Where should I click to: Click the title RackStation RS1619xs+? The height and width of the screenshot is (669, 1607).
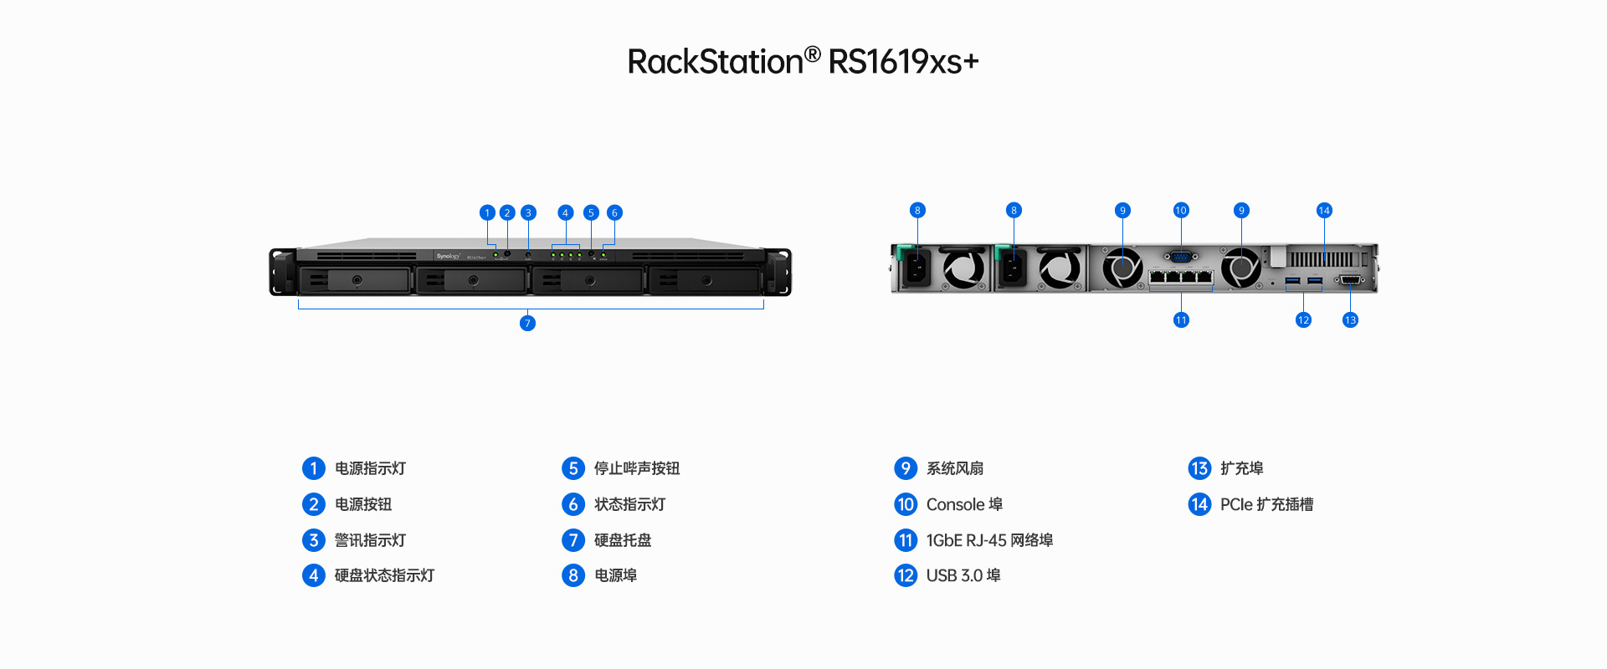click(x=803, y=61)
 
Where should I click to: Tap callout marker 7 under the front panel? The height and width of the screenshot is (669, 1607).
click(x=527, y=324)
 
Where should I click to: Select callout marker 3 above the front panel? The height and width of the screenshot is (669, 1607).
click(x=528, y=212)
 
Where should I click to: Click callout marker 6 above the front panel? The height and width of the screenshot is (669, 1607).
click(x=614, y=212)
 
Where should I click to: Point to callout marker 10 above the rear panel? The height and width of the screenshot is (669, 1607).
click(x=1181, y=210)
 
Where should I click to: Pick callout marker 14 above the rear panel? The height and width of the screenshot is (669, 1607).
click(x=1324, y=210)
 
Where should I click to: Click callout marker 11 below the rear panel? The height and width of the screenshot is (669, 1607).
click(x=1181, y=320)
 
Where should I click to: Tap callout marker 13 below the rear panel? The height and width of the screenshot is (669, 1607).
click(x=1350, y=320)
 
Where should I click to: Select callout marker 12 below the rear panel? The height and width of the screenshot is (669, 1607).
click(x=1303, y=320)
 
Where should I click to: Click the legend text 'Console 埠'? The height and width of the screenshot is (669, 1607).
click(x=964, y=504)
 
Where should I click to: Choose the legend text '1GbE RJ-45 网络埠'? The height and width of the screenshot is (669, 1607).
click(x=989, y=540)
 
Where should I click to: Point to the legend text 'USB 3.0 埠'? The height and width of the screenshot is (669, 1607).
click(x=963, y=575)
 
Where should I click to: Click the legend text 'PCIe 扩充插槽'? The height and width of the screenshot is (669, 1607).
click(x=1266, y=504)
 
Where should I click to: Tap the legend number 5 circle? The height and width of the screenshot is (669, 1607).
click(x=573, y=468)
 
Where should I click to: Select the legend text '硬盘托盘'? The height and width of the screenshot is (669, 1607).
click(x=623, y=540)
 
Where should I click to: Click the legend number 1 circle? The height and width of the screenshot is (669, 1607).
click(x=314, y=468)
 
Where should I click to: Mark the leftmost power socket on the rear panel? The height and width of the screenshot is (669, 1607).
click(x=917, y=268)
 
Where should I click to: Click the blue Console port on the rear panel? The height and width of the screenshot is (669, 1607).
click(x=1181, y=257)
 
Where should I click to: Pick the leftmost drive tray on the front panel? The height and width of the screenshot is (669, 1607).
click(x=356, y=280)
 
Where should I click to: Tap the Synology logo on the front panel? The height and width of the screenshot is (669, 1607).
click(x=448, y=256)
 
